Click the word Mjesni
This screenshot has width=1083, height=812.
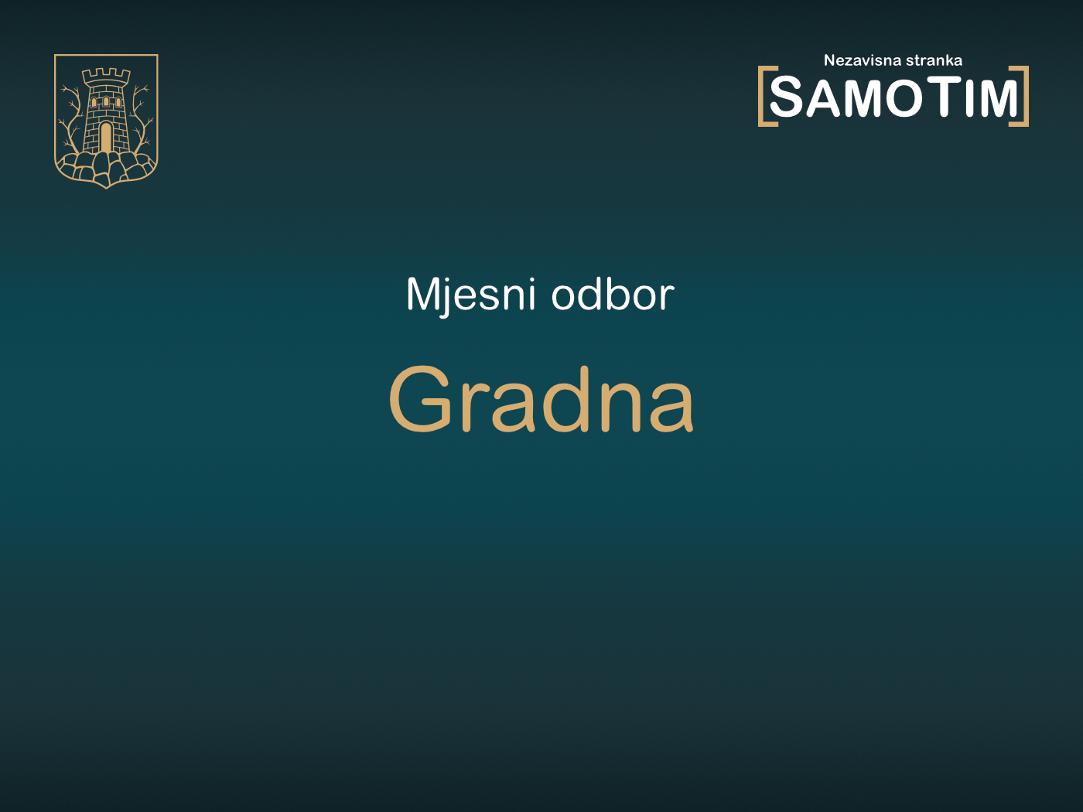[x=470, y=295]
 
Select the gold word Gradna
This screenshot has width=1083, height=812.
[x=541, y=400]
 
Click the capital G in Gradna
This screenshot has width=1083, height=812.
[x=421, y=400]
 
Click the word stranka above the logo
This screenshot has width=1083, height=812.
[x=934, y=60]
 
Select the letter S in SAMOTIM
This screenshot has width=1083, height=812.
[x=787, y=98]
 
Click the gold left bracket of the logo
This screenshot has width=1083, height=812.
[x=763, y=96]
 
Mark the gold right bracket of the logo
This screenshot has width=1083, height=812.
[x=1023, y=96]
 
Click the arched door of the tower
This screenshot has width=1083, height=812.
[x=106, y=138]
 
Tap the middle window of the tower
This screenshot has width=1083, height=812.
[x=106, y=101]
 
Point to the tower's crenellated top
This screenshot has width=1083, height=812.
[x=106, y=76]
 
